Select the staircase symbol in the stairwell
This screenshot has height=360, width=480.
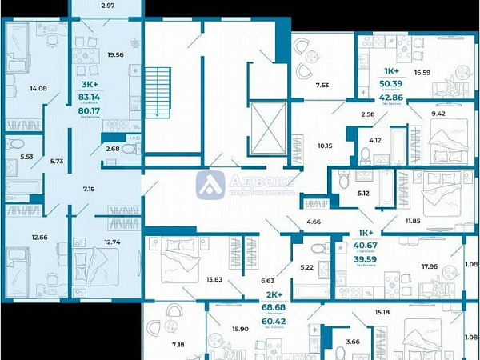[x=158, y=93]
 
